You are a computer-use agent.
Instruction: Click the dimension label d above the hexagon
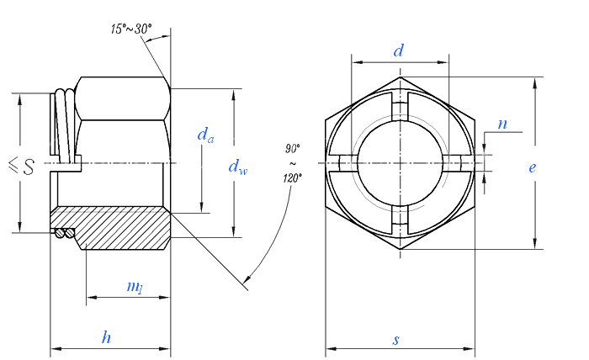click(399, 51)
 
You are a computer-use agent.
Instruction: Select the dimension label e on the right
click(532, 167)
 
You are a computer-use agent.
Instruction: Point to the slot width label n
click(502, 124)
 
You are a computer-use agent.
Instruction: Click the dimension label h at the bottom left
click(106, 338)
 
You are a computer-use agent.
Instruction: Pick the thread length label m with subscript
click(134, 287)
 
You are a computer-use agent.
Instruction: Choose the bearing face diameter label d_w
click(238, 167)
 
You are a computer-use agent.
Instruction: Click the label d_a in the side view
click(204, 135)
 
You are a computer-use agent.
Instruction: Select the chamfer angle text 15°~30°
click(130, 29)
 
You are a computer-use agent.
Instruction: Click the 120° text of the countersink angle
click(292, 177)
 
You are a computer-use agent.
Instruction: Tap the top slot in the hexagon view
click(400, 109)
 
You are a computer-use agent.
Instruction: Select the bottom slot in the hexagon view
click(400, 220)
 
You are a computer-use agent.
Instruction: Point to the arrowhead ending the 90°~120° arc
click(246, 278)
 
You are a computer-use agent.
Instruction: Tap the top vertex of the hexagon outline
click(400, 77)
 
